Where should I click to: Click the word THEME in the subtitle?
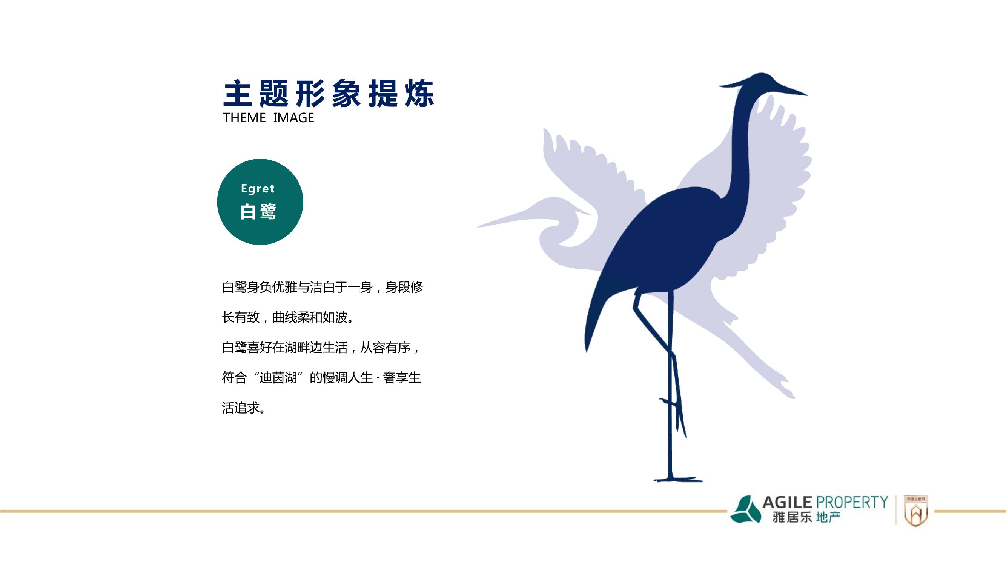click(244, 118)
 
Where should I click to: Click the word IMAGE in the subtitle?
click(293, 118)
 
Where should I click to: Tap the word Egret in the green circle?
click(258, 189)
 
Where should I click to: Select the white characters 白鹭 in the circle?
click(258, 211)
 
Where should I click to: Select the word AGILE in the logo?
click(787, 502)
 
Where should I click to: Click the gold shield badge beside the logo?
click(916, 511)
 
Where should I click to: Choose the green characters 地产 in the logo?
click(828, 518)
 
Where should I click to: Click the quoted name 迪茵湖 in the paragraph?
click(278, 378)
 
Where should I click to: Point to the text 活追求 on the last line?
click(241, 408)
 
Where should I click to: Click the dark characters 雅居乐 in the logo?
click(792, 518)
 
